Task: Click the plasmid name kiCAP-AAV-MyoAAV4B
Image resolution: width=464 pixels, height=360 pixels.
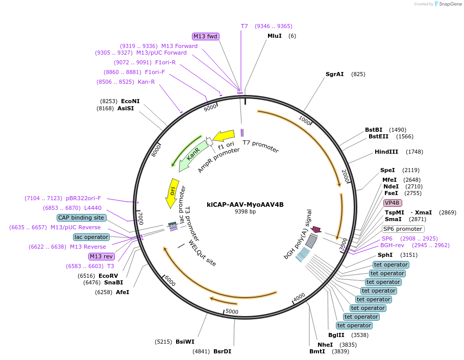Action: tap(245, 204)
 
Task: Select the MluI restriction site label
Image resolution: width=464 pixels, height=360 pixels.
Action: tap(275, 36)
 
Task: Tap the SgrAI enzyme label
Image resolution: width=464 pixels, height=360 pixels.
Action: tap(334, 74)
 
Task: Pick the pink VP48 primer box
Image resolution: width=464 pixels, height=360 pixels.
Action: tap(393, 203)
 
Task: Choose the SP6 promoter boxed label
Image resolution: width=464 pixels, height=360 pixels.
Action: tap(403, 229)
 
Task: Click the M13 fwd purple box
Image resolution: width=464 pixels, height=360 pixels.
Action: tap(205, 36)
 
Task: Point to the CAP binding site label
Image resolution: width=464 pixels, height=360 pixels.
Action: tap(82, 218)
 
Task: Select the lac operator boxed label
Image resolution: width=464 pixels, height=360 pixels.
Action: tap(91, 237)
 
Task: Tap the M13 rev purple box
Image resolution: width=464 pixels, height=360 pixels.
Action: tap(102, 256)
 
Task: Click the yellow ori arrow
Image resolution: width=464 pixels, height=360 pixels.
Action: tap(172, 193)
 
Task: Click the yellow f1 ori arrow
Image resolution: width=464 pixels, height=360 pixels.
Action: tap(224, 136)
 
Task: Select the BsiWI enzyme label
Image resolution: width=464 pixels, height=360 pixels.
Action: tap(185, 342)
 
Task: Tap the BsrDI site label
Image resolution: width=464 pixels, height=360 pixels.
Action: tap(222, 351)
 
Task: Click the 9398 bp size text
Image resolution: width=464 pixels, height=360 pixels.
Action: tap(245, 211)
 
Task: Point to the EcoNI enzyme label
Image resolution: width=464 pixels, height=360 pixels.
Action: tap(130, 101)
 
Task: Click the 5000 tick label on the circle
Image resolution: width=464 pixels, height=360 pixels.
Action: tap(232, 311)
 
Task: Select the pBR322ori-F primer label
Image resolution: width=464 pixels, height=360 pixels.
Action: tap(83, 198)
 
